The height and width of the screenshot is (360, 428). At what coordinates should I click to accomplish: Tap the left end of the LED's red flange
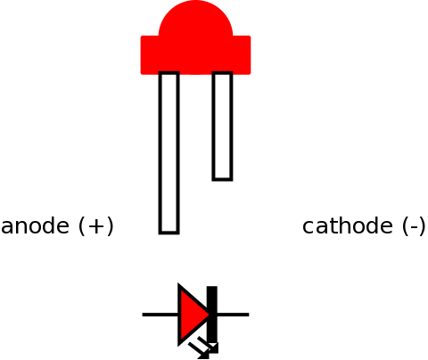click(x=141, y=55)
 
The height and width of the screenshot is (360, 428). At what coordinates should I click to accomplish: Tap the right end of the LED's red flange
click(x=251, y=55)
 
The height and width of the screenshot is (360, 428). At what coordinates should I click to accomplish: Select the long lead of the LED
click(x=169, y=152)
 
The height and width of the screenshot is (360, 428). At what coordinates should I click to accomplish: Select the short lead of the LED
click(x=222, y=126)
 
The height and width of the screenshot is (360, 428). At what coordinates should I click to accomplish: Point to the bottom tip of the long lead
click(x=169, y=233)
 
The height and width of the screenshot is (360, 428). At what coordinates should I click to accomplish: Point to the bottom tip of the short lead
click(x=222, y=180)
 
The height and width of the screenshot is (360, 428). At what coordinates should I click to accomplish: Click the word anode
click(x=35, y=226)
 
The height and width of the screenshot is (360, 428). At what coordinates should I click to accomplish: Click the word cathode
click(x=348, y=226)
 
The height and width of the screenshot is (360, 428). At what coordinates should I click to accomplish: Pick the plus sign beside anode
click(x=95, y=226)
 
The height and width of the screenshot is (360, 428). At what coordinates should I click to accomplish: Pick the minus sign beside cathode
click(x=414, y=228)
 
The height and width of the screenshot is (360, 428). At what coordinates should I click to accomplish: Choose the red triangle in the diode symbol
click(x=194, y=315)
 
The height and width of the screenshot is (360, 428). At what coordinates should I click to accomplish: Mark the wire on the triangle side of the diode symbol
click(x=160, y=315)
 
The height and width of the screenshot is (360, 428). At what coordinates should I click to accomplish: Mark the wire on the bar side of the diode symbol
click(x=233, y=315)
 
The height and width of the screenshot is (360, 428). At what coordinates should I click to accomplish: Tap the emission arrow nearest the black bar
click(x=209, y=345)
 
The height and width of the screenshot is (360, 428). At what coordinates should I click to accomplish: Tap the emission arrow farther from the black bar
click(x=199, y=351)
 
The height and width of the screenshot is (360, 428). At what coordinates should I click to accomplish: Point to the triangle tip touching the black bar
click(x=211, y=315)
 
